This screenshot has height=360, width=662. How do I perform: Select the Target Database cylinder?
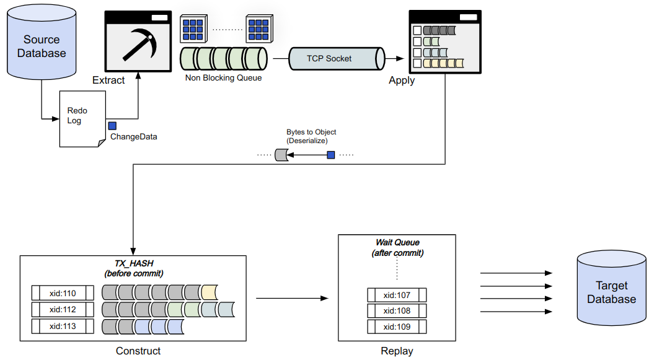[x=611, y=292]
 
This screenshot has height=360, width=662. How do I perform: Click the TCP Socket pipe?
[x=329, y=58]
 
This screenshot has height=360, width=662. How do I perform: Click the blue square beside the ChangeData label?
[x=112, y=126]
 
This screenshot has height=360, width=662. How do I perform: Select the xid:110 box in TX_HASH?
[x=62, y=292]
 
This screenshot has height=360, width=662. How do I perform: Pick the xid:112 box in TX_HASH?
[x=62, y=309]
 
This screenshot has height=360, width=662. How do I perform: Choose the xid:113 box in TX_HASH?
[x=62, y=325]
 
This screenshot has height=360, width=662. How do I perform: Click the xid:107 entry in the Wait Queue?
[x=397, y=294]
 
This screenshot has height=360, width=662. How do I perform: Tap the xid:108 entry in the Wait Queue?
[x=397, y=310]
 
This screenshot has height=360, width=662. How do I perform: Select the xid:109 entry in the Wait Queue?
[x=397, y=327]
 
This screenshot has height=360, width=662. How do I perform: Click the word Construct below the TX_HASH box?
[x=138, y=351]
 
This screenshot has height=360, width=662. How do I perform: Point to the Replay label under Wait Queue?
[x=397, y=351]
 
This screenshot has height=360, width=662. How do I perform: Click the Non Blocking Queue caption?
[x=223, y=78]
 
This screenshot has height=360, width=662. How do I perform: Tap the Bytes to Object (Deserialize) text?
[x=311, y=136]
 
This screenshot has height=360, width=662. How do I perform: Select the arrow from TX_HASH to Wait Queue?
[x=292, y=299]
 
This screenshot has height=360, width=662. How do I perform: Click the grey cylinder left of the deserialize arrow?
[x=282, y=155]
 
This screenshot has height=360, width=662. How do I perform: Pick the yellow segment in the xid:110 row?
[x=209, y=292]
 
